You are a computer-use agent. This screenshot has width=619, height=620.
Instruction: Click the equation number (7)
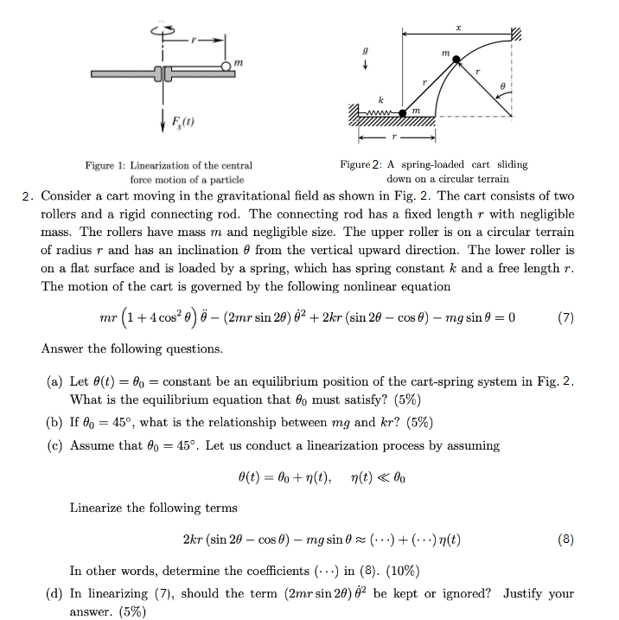click(x=565, y=316)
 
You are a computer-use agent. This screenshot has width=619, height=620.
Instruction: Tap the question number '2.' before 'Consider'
click(x=29, y=196)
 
